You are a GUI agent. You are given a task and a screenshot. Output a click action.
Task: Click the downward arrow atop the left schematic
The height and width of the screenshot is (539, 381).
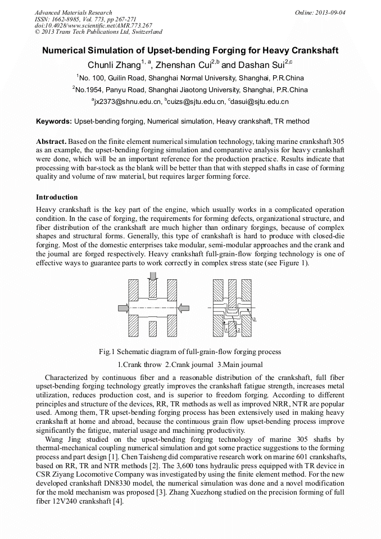point(153,276)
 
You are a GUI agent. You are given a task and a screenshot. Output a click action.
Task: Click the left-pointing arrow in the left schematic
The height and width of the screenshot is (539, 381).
point(184,309)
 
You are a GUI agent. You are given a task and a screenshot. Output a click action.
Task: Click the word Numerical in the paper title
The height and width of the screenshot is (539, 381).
point(69,50)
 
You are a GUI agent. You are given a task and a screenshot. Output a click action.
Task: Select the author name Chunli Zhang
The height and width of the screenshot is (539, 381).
point(114,64)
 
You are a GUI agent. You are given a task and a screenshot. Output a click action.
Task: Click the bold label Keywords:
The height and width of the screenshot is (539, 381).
point(54,121)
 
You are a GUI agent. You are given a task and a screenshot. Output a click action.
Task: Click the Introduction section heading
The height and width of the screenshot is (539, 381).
point(57,197)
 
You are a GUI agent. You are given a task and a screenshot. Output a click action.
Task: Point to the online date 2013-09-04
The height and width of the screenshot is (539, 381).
point(332,12)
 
